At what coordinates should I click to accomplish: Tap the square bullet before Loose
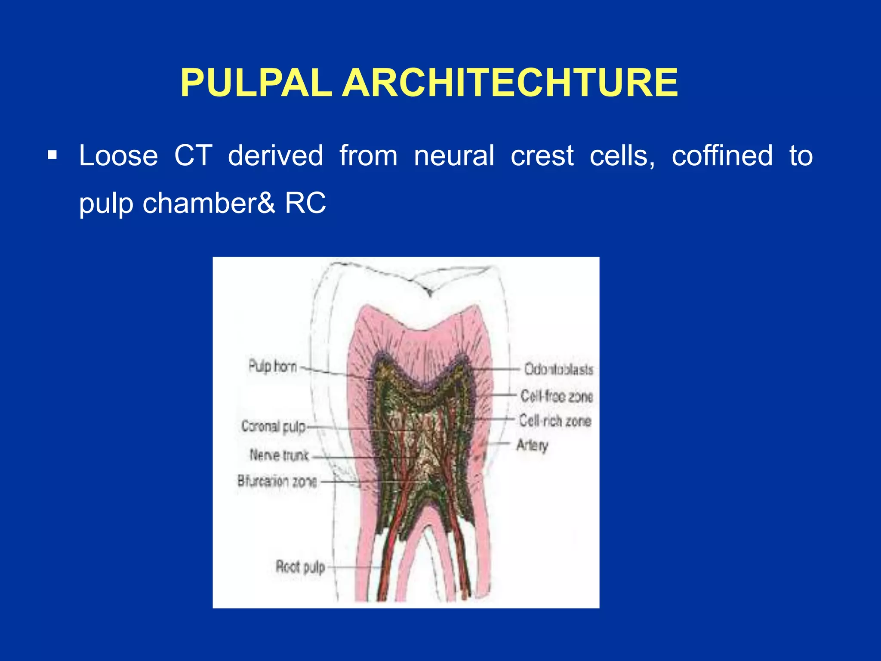[x=52, y=155]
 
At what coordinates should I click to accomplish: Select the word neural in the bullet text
[x=454, y=155]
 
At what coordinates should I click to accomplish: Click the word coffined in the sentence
[x=722, y=155]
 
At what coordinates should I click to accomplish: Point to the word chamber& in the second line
[x=209, y=203]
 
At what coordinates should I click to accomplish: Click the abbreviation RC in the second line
[x=305, y=203]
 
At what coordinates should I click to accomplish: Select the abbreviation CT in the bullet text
[x=193, y=155]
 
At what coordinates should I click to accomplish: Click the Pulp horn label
[x=273, y=367]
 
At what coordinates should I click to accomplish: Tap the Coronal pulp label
[x=274, y=426]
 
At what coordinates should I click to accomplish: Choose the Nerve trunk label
[x=279, y=455]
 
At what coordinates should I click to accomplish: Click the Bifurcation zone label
[x=277, y=481]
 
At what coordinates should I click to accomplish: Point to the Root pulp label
[x=300, y=567]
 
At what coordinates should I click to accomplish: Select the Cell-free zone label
[x=557, y=396]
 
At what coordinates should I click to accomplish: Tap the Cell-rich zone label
[x=555, y=420]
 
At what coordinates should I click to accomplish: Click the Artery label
[x=533, y=445]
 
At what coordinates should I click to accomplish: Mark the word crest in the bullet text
[x=542, y=155]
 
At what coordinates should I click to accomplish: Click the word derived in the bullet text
[x=275, y=155]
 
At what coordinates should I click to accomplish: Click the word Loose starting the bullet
[x=118, y=155]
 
